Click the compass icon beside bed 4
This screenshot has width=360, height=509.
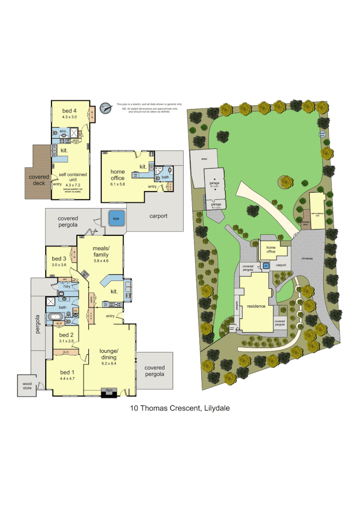105,108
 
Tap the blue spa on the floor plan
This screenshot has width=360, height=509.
116,218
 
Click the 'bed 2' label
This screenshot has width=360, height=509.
66,335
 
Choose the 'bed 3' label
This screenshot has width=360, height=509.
59,258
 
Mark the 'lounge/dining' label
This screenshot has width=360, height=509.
110,354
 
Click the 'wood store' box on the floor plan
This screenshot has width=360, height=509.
27,385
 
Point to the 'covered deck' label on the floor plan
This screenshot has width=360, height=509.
38,180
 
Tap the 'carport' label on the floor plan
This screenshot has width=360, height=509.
158,216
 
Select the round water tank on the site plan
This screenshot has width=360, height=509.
323,135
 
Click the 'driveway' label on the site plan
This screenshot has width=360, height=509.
307,258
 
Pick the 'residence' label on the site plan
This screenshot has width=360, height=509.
256,306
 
